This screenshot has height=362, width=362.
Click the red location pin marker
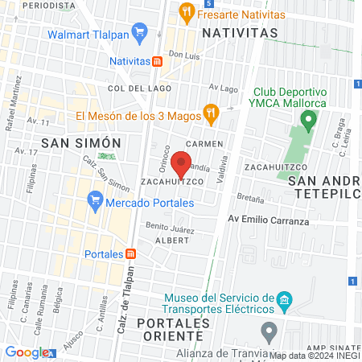click(x=183, y=163)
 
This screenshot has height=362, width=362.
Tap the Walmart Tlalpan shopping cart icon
click(x=140, y=34)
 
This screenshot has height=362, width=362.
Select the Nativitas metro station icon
click(x=158, y=61)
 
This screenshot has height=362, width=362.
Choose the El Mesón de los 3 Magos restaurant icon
click(x=211, y=113)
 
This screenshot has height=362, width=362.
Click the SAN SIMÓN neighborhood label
click(x=69, y=142)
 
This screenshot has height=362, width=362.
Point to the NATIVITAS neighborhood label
click(x=240, y=33)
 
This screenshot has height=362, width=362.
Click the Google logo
click(x=27, y=352)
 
